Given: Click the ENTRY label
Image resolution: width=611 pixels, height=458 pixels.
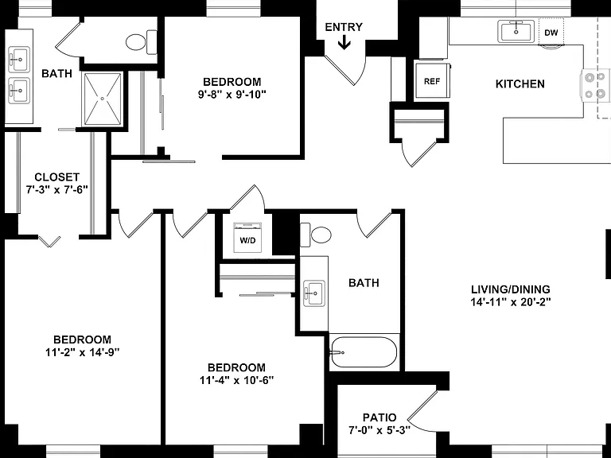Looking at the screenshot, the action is pos(344,27).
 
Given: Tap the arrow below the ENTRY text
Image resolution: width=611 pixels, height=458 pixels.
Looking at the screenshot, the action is pos(344,42).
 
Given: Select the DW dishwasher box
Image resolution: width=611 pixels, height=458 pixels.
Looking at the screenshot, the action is pos(551,32).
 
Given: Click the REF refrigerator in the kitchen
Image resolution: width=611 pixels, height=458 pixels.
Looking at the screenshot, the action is pos(432,80).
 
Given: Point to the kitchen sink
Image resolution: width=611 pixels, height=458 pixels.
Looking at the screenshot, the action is pos(516,31).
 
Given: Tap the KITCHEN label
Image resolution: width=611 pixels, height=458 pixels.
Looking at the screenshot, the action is pos(520,84).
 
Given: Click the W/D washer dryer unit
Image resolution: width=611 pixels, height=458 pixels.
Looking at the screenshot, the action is pos(247,238).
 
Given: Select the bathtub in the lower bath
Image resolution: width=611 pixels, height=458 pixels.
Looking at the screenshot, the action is pos(364,352).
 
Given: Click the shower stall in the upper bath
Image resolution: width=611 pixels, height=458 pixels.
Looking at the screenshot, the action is pos(103,99).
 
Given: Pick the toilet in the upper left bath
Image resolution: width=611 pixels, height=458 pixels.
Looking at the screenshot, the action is pos(141,41).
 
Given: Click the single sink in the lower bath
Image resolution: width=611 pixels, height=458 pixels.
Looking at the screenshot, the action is pos(314,293).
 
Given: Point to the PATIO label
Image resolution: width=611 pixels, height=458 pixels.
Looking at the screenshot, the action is pos(379,418).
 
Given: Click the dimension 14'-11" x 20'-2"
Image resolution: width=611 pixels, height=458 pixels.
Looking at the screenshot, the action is pos(511,302).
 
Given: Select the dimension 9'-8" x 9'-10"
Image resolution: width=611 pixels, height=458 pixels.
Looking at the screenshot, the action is pos(232,95).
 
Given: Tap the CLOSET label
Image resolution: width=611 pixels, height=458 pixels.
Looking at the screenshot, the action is pos(57,177).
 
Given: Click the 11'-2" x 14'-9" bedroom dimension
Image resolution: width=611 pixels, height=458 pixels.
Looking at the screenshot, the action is pos(82,352).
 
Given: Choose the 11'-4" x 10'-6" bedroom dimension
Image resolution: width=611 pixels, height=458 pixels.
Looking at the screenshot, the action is pos(237,380).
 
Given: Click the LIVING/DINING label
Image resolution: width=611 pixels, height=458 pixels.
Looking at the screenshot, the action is pos(511,289).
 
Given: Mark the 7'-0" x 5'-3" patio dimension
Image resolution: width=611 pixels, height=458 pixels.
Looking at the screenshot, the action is pos(379,431).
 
